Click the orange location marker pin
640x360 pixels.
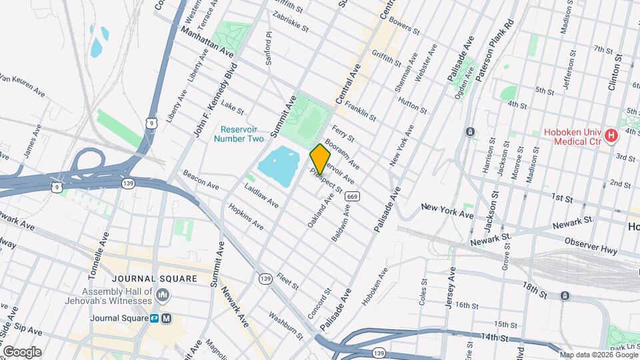click(321, 159)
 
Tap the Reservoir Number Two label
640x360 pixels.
click(239, 133)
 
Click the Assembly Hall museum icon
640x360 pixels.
click(163, 295)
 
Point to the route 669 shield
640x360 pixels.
click(353, 195)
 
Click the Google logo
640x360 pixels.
click(22, 351)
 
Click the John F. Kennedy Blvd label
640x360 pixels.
click(215, 101)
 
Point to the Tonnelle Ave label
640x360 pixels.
click(100, 256)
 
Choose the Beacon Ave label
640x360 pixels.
click(201, 180)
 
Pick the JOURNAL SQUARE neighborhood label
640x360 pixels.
click(155, 279)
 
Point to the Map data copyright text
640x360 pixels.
click(597, 355)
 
